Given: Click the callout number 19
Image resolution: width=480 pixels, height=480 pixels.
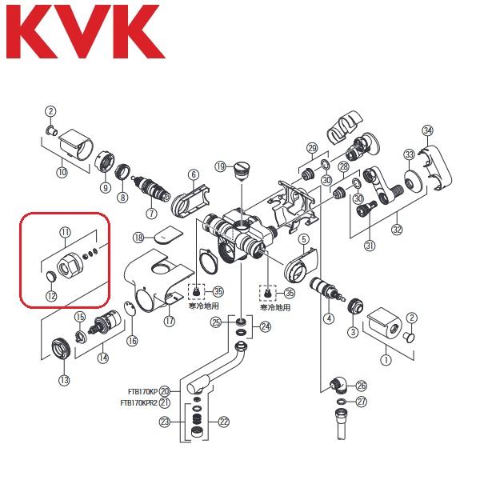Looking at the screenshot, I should (220, 166).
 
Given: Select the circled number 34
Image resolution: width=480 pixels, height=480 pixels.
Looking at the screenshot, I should (428, 130).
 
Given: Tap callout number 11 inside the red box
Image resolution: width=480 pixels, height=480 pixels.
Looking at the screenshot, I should (65, 232).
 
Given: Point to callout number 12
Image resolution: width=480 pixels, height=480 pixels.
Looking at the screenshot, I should (51, 296).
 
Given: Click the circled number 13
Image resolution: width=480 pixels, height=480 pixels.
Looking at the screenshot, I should (62, 379).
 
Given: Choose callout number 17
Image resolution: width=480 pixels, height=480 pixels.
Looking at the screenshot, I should (169, 321).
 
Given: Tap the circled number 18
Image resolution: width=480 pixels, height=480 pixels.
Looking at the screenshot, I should (138, 238).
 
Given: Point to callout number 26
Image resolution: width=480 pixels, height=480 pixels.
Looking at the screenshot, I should (362, 385).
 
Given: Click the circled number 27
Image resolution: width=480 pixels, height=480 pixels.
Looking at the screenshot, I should (362, 402).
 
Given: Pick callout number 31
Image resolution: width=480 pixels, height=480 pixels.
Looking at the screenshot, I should (370, 245).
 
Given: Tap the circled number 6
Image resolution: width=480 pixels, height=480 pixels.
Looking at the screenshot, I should (193, 174).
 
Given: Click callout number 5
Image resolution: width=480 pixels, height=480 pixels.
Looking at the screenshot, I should (304, 238).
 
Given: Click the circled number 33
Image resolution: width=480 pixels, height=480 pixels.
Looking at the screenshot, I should (409, 154).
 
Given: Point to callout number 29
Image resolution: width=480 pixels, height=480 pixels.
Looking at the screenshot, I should (312, 147).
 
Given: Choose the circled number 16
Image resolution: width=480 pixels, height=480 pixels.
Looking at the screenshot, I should (132, 341).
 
